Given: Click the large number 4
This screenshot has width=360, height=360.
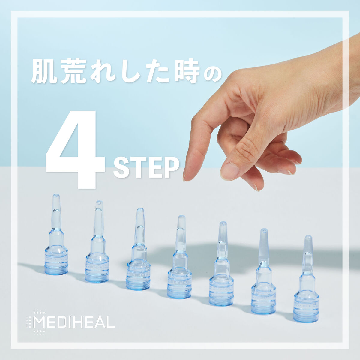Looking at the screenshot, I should click(75, 150).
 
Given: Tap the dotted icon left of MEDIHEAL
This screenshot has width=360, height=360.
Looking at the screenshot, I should click(37, 322).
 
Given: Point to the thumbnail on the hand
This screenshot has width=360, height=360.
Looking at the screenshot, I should click(229, 171).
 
